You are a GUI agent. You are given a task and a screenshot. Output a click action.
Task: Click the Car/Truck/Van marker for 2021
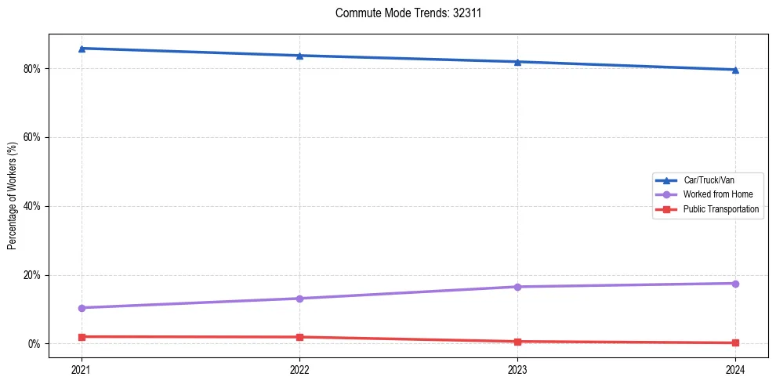82,49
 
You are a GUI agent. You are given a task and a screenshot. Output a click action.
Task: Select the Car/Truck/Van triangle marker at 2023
517,62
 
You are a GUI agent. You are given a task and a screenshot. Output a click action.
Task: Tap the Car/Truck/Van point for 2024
735,70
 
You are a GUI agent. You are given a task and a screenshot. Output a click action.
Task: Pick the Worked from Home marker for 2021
82,308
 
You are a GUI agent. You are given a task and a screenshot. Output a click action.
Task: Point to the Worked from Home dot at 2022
299,299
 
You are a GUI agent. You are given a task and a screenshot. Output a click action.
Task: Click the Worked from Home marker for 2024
735,283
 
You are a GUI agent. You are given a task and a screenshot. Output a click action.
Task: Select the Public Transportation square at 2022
299,337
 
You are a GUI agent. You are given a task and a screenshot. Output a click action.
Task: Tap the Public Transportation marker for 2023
517,342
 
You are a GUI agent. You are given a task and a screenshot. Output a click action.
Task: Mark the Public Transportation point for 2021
82,337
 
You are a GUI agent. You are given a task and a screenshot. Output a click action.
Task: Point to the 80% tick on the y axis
32,68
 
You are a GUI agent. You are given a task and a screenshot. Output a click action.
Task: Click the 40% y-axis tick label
32,206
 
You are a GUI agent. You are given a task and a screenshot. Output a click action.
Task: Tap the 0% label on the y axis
34,344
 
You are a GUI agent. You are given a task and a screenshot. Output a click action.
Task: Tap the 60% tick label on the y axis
32,137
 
